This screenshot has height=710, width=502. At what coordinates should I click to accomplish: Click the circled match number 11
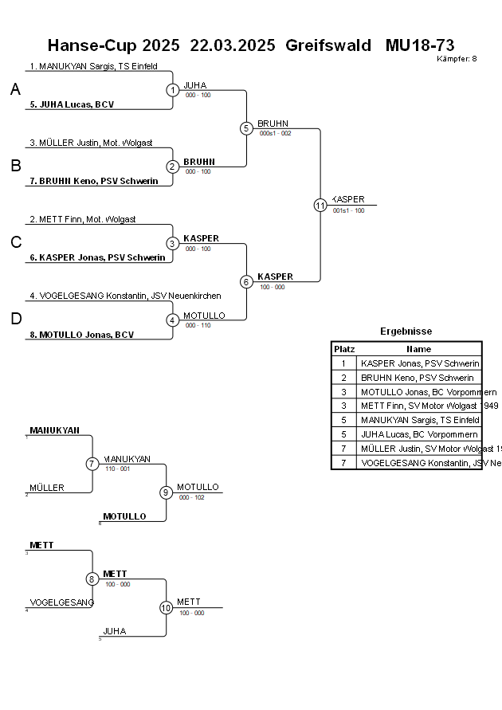click(320, 205)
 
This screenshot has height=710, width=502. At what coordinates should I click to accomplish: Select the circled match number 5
click(246, 128)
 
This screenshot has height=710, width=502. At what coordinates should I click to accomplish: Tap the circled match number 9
click(166, 492)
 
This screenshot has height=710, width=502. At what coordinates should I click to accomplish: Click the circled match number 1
click(173, 90)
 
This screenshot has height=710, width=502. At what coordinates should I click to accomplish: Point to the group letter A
click(15, 90)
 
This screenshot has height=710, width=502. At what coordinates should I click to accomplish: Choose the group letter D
click(15, 320)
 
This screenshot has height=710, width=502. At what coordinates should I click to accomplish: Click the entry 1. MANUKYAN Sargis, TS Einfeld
click(93, 67)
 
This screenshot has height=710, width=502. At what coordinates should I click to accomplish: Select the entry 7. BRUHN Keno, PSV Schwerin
click(93, 181)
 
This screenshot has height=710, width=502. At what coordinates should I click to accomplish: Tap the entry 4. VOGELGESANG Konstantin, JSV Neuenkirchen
click(125, 296)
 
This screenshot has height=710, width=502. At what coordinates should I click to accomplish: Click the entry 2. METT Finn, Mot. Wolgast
click(83, 219)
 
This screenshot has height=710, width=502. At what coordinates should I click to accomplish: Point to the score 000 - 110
click(198, 325)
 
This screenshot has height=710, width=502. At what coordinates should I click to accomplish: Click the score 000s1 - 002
click(275, 133)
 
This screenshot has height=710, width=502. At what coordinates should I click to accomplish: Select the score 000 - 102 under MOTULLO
click(191, 497)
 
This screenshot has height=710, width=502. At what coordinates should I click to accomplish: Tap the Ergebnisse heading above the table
click(406, 331)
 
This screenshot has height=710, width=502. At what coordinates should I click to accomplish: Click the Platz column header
click(344, 349)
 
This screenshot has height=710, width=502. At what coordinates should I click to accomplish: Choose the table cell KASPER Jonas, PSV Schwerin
click(420, 363)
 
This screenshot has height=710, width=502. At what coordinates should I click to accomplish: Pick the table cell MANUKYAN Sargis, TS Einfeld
click(420, 421)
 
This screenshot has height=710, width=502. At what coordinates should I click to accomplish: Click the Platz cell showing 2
click(344, 378)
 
